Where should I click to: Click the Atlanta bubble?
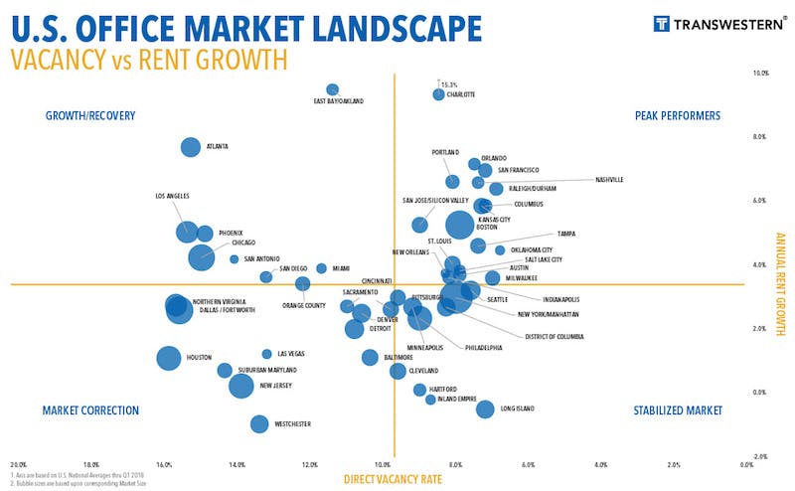tap(191, 147)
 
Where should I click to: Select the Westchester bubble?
tap(259, 423)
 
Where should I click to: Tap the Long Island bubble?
tap(485, 409)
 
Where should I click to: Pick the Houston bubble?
tap(169, 358)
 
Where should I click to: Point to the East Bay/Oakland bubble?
tap(333, 89)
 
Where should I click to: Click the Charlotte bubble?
tap(438, 94)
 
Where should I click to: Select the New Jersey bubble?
tap(241, 385)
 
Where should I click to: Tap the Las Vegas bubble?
tap(266, 354)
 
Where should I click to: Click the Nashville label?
tap(609, 180)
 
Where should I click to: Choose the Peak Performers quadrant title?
tap(677, 116)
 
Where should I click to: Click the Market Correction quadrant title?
tap(90, 409)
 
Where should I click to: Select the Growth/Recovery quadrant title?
tap(89, 116)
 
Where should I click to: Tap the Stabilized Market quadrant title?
tap(678, 409)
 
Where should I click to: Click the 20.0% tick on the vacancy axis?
tap(18, 464)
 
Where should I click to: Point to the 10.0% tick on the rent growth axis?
tap(762, 73)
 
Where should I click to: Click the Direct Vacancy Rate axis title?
tap(392, 479)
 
